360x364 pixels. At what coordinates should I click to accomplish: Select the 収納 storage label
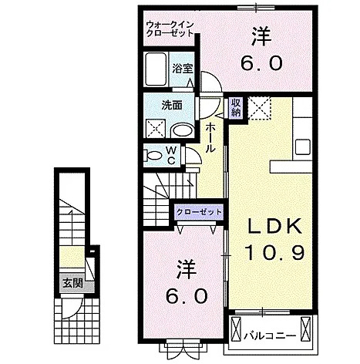point(237,107)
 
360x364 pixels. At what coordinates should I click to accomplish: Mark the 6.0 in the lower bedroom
point(187,295)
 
